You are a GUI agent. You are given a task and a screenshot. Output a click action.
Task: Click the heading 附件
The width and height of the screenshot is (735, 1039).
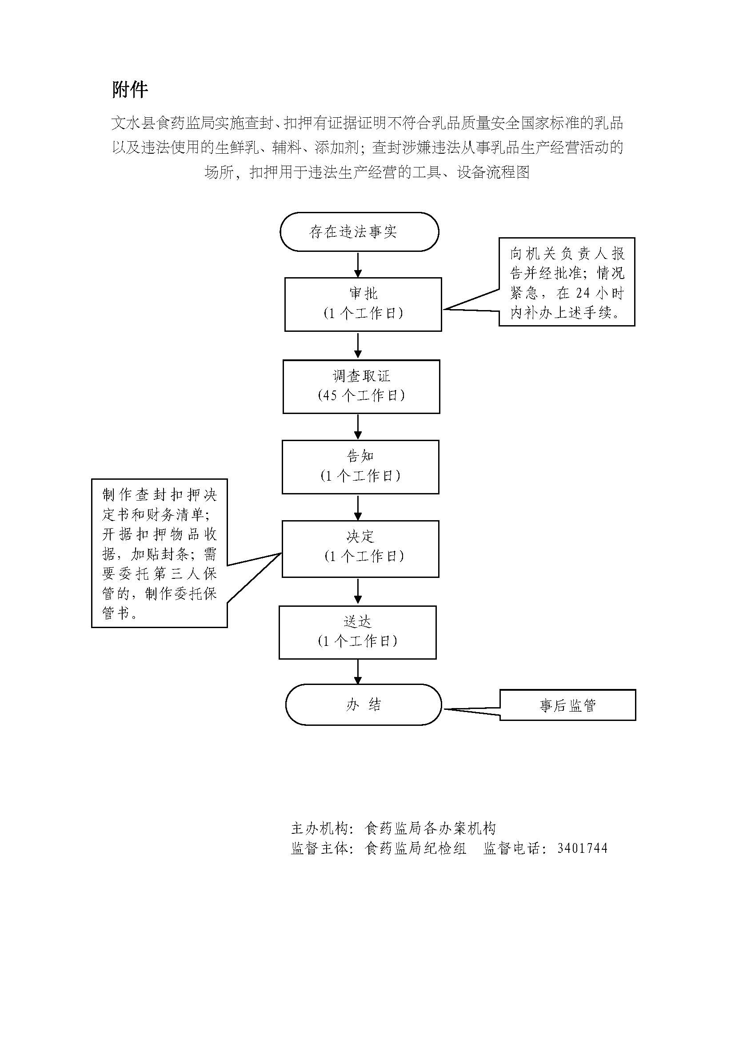(130, 90)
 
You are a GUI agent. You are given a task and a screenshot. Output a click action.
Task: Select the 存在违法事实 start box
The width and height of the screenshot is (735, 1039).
(359, 232)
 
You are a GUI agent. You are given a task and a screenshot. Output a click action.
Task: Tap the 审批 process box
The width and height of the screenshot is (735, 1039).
(363, 304)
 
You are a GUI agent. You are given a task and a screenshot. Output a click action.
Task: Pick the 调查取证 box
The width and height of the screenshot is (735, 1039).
(361, 386)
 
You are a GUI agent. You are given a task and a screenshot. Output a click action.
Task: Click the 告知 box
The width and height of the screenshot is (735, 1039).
(360, 466)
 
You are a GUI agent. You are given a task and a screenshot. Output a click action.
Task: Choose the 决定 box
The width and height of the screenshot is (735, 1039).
(360, 549)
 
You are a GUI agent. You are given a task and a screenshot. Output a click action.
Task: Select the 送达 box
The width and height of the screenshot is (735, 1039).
(358, 632)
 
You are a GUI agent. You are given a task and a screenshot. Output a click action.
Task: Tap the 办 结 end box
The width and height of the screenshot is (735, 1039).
(363, 705)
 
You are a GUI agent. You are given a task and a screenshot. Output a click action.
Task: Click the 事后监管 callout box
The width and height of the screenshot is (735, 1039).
(567, 705)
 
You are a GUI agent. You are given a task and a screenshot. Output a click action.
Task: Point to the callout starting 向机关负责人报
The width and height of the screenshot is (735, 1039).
(567, 282)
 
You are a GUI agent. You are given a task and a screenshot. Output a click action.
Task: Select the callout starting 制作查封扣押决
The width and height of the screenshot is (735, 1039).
(160, 553)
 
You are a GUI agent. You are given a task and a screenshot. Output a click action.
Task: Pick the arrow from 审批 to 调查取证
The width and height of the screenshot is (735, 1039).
(358, 346)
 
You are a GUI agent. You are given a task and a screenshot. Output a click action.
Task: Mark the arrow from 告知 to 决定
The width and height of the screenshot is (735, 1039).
(358, 507)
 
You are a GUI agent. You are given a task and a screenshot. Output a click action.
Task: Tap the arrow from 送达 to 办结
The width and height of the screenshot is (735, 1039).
(358, 672)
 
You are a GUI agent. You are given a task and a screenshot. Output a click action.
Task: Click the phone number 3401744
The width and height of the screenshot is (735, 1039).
(582, 848)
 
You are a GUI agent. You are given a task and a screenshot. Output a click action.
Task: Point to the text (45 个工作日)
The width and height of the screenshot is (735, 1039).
(361, 395)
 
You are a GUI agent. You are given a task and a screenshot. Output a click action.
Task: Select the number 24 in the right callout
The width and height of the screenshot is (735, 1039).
(583, 293)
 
